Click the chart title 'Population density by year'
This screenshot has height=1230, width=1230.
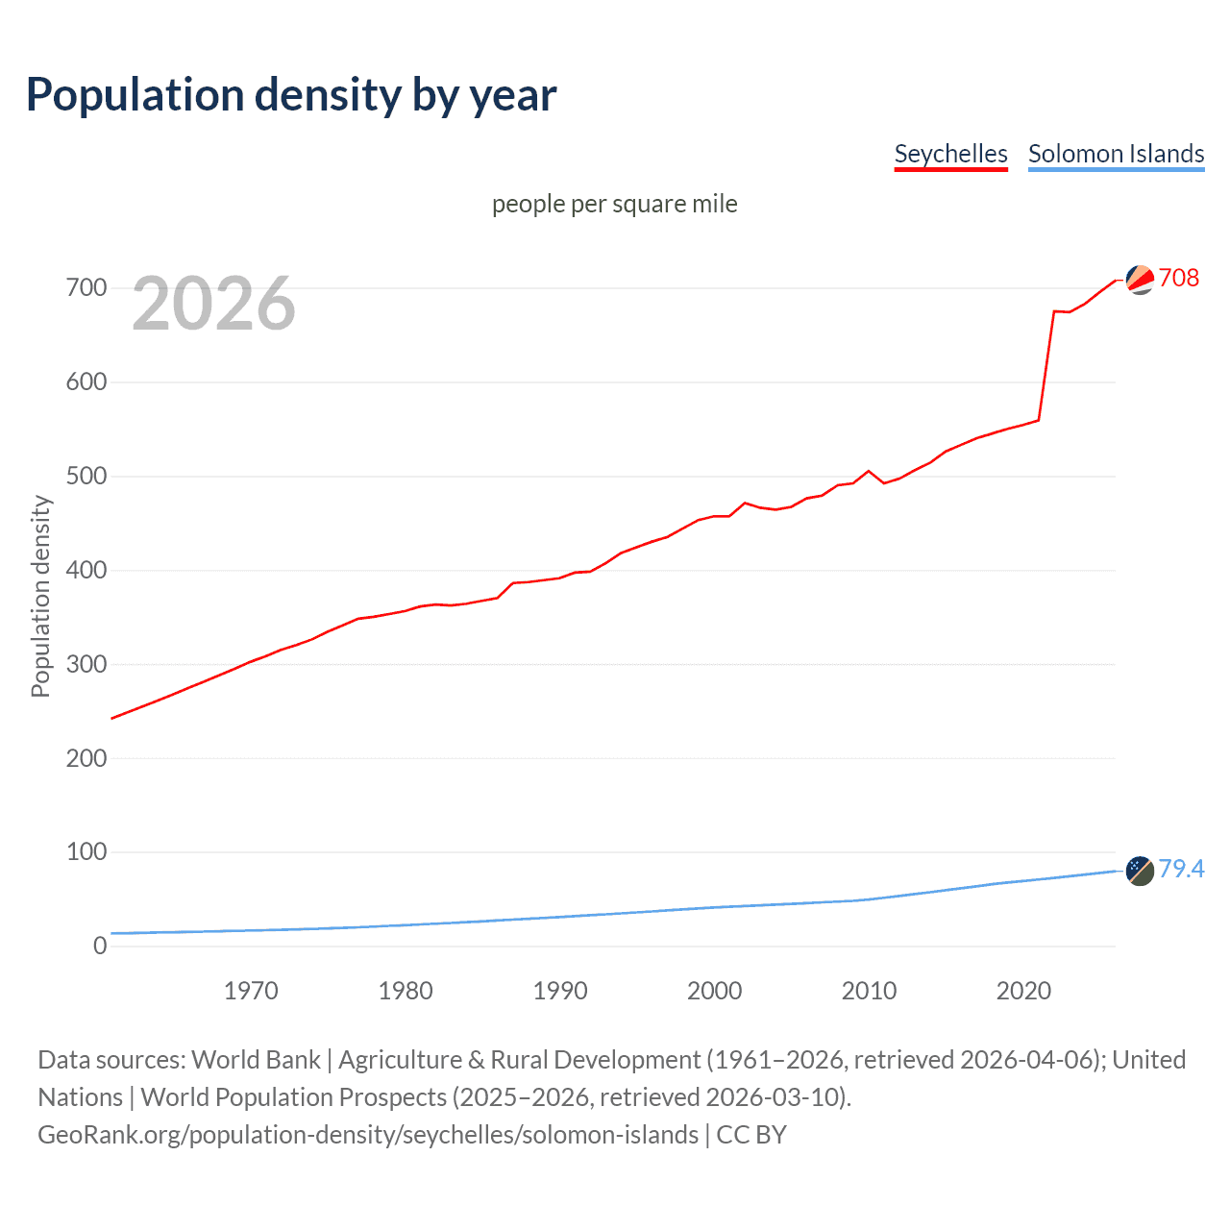click(291, 95)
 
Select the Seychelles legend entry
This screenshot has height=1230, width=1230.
click(950, 154)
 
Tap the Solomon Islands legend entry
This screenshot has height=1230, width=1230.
click(1116, 154)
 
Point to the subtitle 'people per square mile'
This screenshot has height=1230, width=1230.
click(614, 204)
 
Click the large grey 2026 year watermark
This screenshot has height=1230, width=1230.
click(213, 304)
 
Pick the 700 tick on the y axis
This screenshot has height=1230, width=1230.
click(86, 287)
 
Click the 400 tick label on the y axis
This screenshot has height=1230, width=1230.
click(86, 570)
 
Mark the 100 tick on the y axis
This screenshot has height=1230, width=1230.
click(86, 851)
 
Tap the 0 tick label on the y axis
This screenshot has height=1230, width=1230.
click(100, 946)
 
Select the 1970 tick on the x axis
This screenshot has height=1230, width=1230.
click(251, 991)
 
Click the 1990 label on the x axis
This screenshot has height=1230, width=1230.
click(560, 991)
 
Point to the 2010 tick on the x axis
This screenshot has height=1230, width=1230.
click(869, 991)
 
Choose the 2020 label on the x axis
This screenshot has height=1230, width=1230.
click(1023, 991)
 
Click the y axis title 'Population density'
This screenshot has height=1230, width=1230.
click(40, 596)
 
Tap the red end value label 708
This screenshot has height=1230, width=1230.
click(1179, 278)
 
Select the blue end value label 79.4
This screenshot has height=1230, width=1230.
click(1181, 869)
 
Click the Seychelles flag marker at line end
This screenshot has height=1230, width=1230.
click(1140, 280)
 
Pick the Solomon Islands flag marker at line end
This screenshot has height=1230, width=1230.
click(1140, 871)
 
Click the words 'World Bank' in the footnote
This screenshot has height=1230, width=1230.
click(256, 1060)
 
